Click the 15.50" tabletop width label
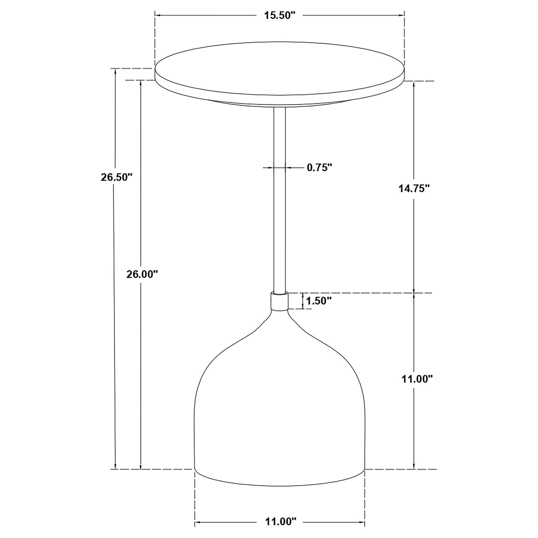coord(279,15)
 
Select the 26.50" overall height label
coord(117,177)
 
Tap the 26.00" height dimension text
coord(142,275)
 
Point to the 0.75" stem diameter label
coord(319,168)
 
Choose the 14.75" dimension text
coord(414,188)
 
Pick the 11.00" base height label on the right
coord(417,379)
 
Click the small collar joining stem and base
coord(280,302)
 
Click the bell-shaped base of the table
coord(279,410)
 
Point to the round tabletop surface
coord(279,71)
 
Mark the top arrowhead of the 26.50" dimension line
coord(116,72)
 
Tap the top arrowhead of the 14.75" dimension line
coord(414,84)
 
